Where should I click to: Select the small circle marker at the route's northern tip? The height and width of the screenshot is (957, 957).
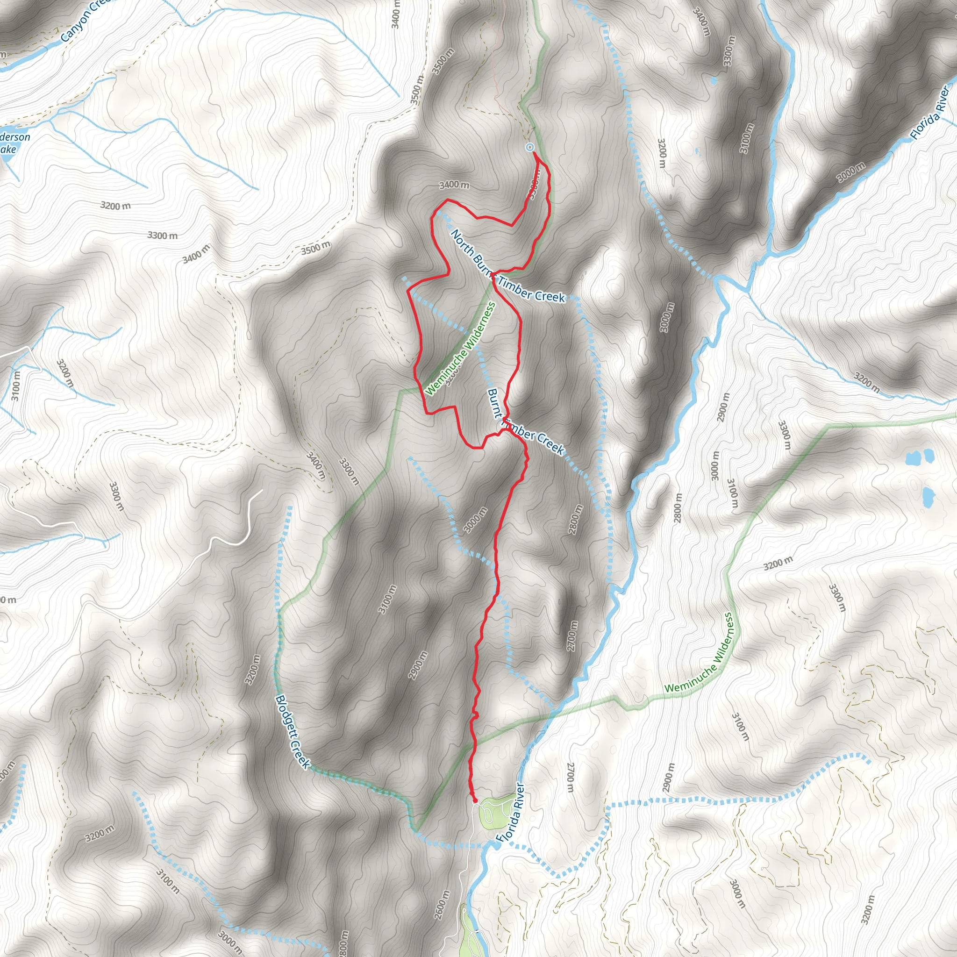coord(529,147)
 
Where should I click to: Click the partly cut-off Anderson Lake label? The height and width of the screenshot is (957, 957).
coord(13,143)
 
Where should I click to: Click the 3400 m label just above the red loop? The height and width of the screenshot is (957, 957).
coord(454,185)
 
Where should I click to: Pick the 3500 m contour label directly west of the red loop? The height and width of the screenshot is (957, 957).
coord(315,247)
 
